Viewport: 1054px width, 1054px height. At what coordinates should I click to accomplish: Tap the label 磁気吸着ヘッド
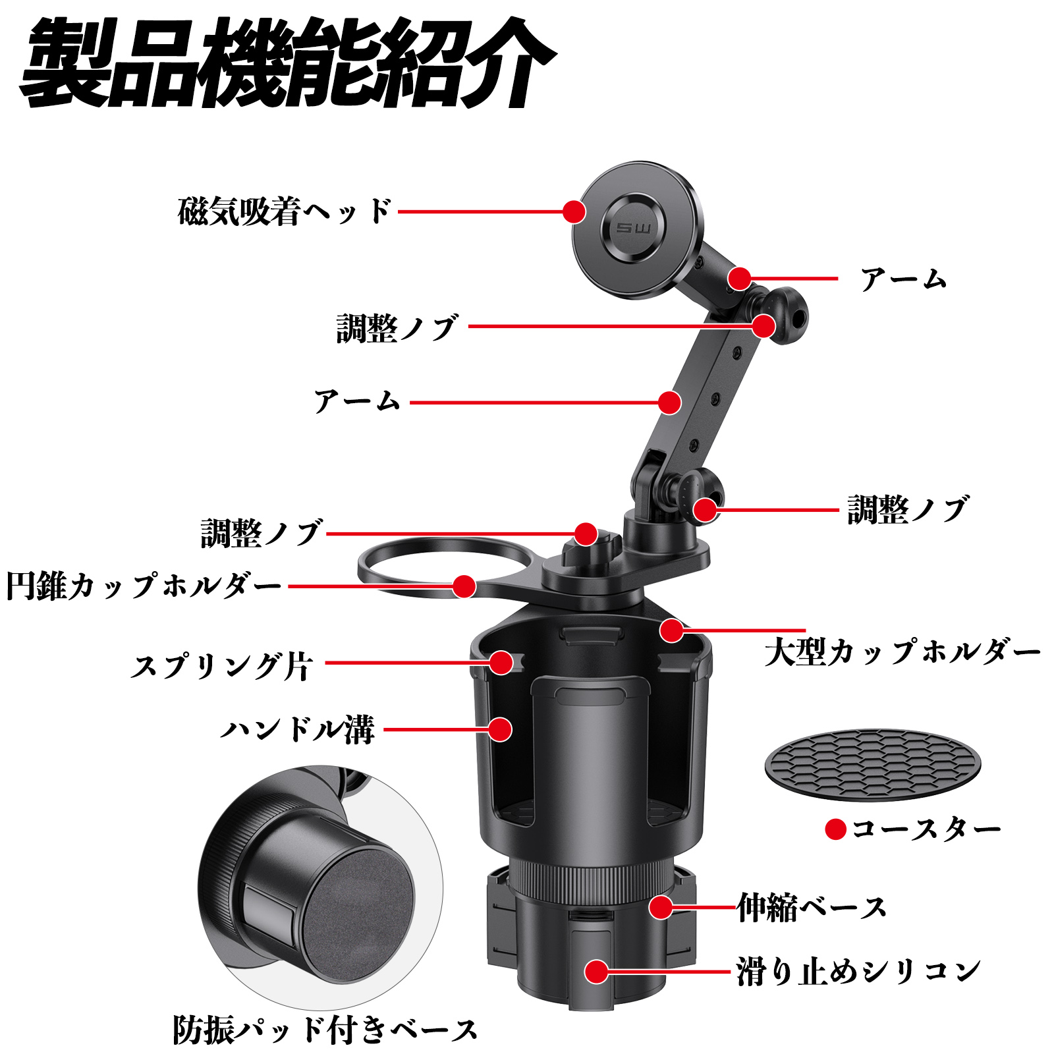(x=285, y=212)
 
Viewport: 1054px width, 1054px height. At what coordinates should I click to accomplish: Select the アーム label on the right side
(x=903, y=279)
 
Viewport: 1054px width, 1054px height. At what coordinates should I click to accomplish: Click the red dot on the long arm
(x=669, y=402)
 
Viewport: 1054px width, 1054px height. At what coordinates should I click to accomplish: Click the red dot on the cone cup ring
(x=464, y=586)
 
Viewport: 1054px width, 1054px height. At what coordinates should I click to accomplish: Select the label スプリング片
(x=221, y=666)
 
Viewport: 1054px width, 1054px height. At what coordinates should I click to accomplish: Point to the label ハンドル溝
(x=298, y=730)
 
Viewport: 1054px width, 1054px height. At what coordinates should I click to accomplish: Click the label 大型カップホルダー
(x=902, y=652)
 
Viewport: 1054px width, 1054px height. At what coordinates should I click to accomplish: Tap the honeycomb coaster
(x=872, y=764)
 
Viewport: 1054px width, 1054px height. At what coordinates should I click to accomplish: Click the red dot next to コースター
(x=835, y=829)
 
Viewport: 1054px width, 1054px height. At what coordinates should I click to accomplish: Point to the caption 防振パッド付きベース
(x=325, y=1030)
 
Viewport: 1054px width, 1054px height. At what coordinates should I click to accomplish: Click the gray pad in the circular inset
(x=359, y=896)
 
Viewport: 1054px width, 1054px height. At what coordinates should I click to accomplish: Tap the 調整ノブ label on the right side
(x=907, y=510)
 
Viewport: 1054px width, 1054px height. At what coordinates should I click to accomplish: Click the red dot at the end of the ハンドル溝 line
(x=501, y=730)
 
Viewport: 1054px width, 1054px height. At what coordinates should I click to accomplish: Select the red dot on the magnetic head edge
(x=574, y=212)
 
